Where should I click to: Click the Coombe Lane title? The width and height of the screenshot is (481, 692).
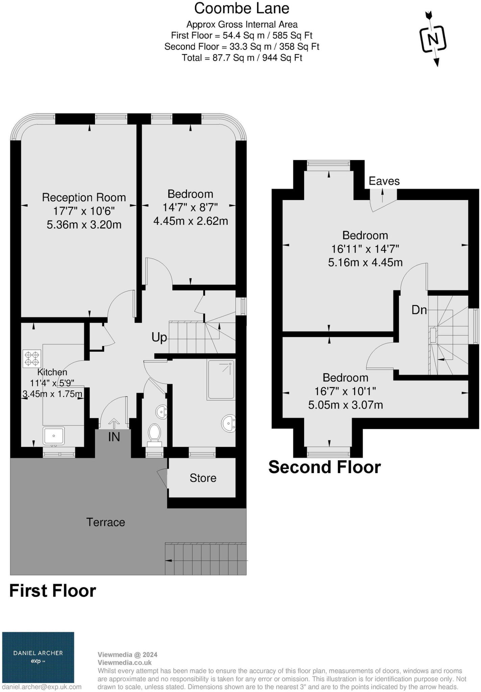pos(242,9)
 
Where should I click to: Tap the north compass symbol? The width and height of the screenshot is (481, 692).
pos(433,39)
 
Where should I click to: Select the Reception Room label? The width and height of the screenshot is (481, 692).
pos(84,197)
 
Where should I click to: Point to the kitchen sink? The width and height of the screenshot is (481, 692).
pos(54,436)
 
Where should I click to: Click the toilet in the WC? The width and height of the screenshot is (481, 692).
pos(155,433)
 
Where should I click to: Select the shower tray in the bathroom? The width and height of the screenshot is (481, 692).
pos(221,379)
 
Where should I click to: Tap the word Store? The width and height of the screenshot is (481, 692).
pos(203,478)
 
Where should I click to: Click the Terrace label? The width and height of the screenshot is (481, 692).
pos(106,522)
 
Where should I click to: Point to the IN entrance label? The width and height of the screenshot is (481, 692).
pos(114,437)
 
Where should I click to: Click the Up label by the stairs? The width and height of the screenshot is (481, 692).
pos(159,337)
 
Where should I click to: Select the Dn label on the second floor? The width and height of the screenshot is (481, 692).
pos(419,310)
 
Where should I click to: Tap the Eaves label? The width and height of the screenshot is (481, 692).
pos(384,181)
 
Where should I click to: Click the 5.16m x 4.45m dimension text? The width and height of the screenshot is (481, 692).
pos(365,262)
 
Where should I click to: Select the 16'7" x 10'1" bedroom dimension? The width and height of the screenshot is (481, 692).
pos(345,391)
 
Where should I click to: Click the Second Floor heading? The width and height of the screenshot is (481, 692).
pos(324,467)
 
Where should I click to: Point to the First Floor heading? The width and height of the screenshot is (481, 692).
pos(53,591)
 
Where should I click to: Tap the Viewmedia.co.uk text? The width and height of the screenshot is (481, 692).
pos(124,663)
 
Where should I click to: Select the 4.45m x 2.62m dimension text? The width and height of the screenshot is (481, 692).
pos(191,221)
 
